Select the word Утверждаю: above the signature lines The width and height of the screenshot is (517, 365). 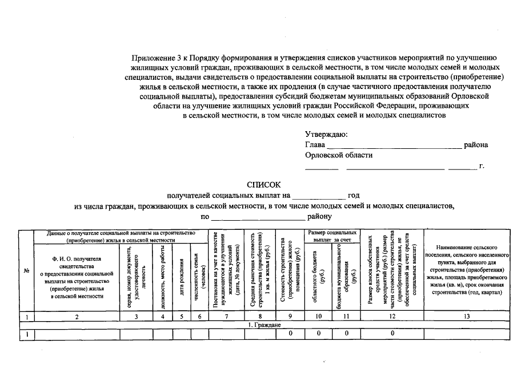coord(327,134)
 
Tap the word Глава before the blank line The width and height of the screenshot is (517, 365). coord(315,145)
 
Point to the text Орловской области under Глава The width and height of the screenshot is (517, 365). coord(339,155)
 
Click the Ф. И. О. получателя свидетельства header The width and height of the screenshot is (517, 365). coord(77,273)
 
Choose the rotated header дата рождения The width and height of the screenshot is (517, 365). coord(181,273)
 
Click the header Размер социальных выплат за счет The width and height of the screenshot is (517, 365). coord(332,236)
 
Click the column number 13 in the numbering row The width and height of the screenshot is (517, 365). coord(467,315)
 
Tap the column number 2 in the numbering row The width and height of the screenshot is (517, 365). coord(77,315)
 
